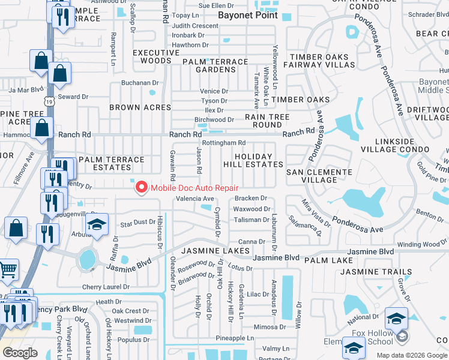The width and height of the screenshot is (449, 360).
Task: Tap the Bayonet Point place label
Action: (248, 15)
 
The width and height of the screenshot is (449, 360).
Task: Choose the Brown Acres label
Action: (140, 107)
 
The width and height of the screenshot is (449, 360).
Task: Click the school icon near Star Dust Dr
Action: (96, 226)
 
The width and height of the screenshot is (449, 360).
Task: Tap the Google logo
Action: (20, 353)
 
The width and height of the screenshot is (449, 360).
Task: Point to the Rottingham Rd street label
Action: (223, 143)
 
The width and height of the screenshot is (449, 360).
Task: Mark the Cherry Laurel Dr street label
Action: (106, 287)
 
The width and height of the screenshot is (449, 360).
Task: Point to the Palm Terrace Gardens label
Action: (215, 65)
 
